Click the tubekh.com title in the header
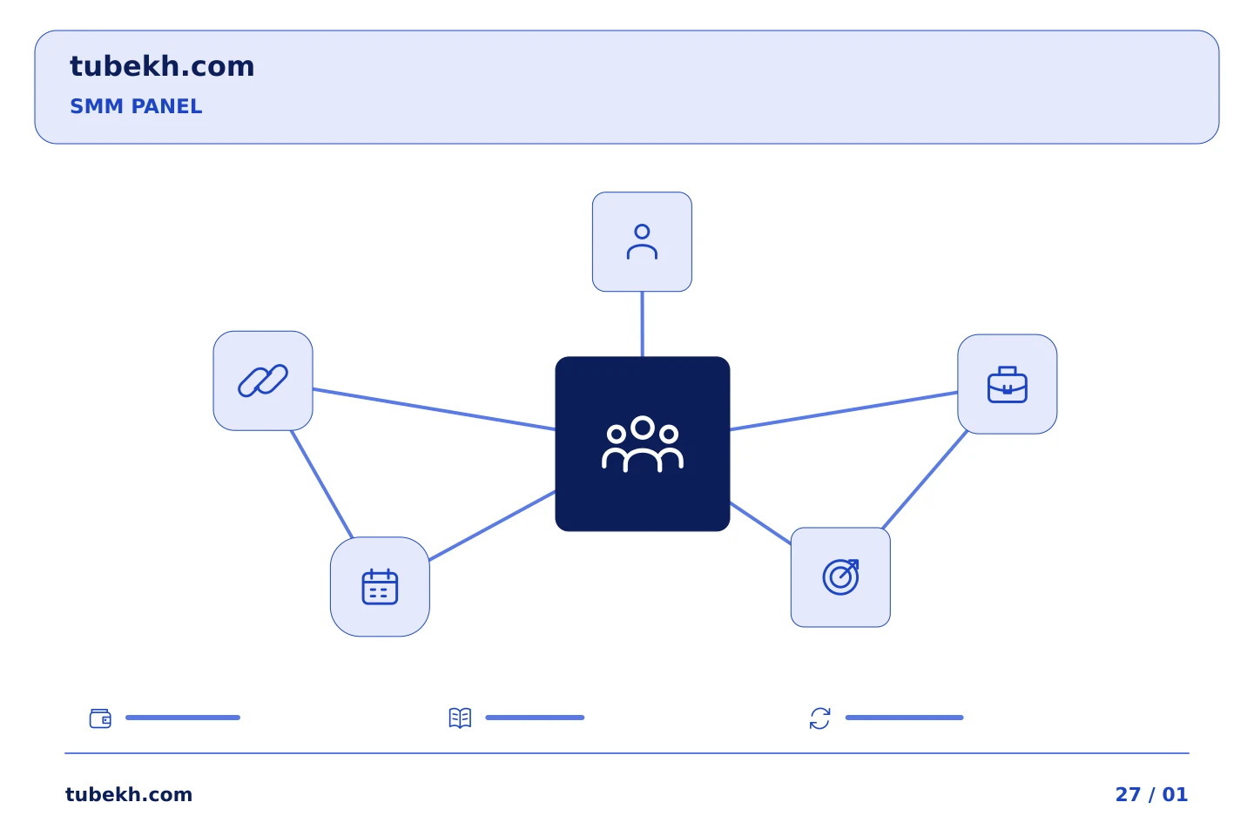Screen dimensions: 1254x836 pyautogui.click(x=162, y=66)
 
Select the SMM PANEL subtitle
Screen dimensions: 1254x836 pyautogui.click(x=136, y=106)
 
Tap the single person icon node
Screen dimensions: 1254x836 pyautogui.click(x=642, y=242)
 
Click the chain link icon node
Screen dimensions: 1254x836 pyautogui.click(x=263, y=381)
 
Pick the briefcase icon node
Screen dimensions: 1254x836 pyautogui.click(x=1007, y=384)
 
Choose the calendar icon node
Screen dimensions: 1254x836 pyautogui.click(x=380, y=587)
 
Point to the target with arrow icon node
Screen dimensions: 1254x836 pyautogui.click(x=840, y=577)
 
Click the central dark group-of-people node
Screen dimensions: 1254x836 pyautogui.click(x=643, y=444)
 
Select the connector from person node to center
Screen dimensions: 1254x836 pyautogui.click(x=642, y=324)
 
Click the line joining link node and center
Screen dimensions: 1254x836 pyautogui.click(x=434, y=408)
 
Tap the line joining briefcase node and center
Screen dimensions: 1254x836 pyautogui.click(x=844, y=411)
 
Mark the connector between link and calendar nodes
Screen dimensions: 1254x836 pyautogui.click(x=322, y=484)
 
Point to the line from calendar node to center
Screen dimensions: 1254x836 pyautogui.click(x=492, y=526)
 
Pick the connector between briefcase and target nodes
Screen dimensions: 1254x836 pyautogui.click(x=925, y=480)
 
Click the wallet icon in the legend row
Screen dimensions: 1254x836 pyautogui.click(x=100, y=718)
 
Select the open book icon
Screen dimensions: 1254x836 pyautogui.click(x=460, y=718)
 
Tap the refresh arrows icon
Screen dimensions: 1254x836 pyautogui.click(x=819, y=718)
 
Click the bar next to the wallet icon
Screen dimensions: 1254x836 pyautogui.click(x=183, y=718)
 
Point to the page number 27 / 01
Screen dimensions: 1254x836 pyautogui.click(x=1151, y=794)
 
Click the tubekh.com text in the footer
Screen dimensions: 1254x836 pyautogui.click(x=129, y=794)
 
